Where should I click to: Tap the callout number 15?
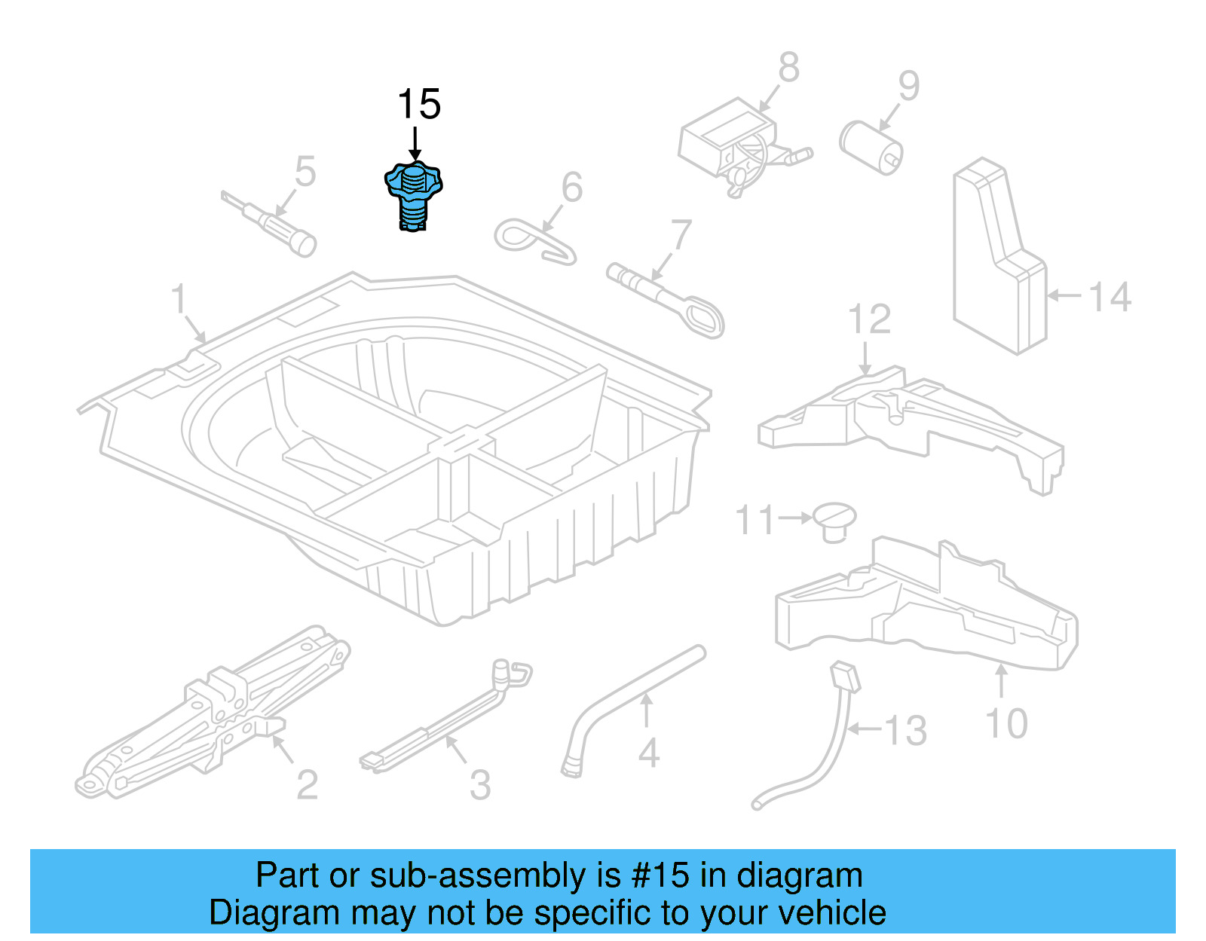point(418,105)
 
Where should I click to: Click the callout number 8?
point(788,68)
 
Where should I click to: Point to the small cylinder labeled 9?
point(871,147)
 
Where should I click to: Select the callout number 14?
point(1110,297)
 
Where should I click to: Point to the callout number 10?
point(1006,724)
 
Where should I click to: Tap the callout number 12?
point(869,319)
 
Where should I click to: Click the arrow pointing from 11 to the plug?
point(795,518)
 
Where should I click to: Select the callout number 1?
point(178,299)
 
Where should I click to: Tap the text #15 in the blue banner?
point(660,875)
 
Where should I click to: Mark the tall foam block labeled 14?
point(999,256)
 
